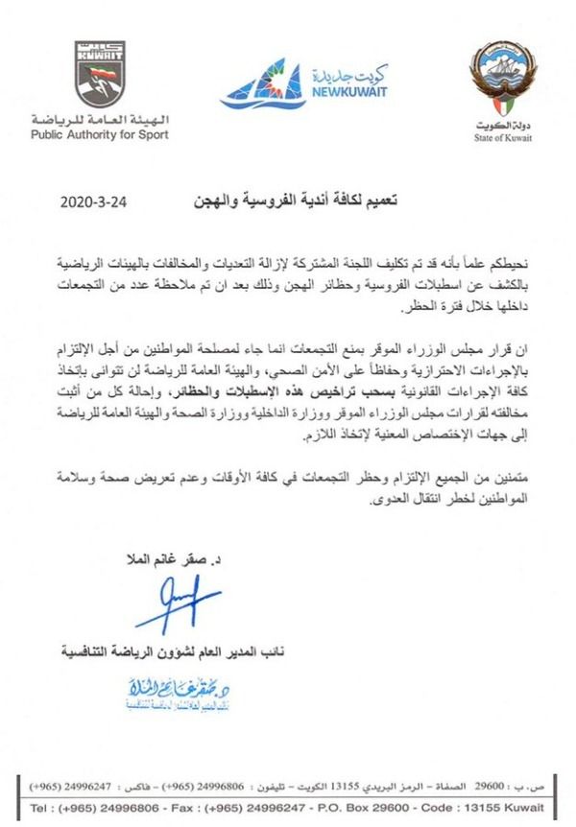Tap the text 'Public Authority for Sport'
pyautogui.click(x=98, y=134)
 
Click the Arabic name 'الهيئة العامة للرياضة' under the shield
pyautogui.click(x=99, y=119)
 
